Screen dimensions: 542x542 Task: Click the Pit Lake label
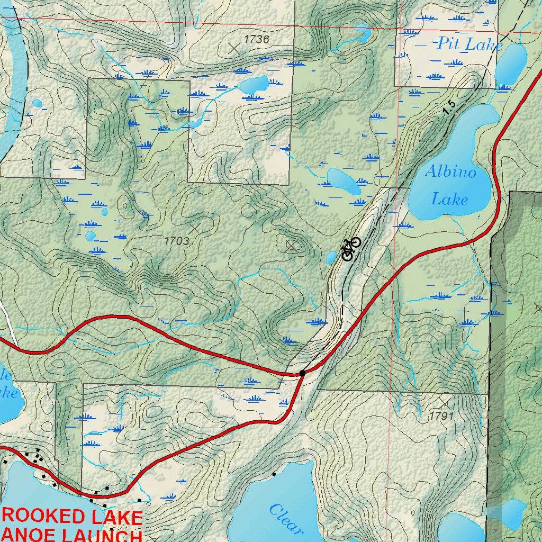[x=469, y=44]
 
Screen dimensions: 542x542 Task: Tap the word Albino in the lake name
[x=450, y=172]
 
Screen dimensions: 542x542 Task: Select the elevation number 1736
[x=256, y=39]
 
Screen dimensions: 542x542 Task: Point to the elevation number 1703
[x=176, y=241]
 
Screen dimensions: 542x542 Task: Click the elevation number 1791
[x=441, y=416]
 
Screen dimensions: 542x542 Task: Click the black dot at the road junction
[x=302, y=373]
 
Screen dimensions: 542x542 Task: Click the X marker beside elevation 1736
[x=233, y=48]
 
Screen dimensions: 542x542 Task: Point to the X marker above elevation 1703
[x=195, y=228]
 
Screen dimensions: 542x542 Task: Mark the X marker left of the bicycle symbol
[x=292, y=245]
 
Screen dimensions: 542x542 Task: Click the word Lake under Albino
[x=449, y=200]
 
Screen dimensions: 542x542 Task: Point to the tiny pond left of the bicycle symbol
[x=331, y=258]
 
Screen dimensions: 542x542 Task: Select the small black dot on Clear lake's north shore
[x=274, y=474]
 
